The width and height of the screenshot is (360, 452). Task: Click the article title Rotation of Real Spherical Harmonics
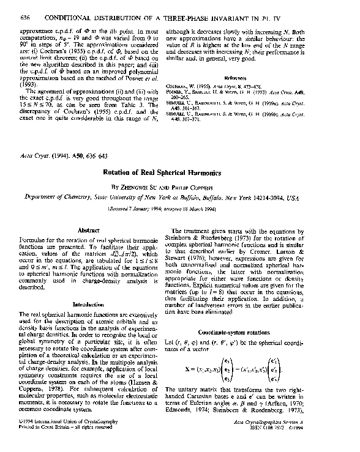pyautogui.click(x=179, y=172)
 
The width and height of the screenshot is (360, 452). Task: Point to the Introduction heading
pyautogui.click(x=89, y=304)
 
